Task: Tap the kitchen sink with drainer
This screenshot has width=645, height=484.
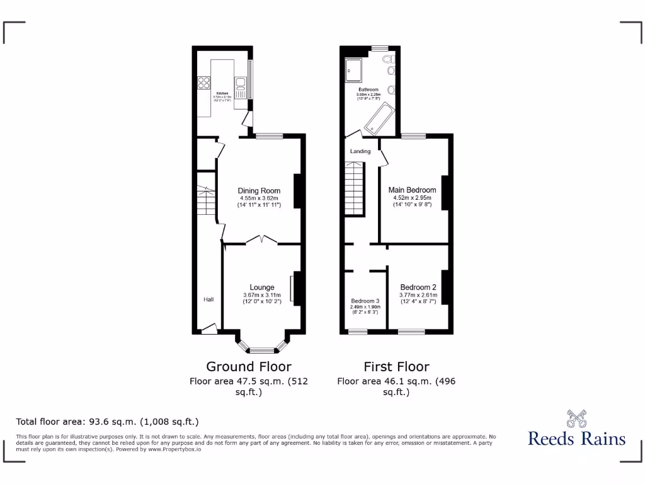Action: pyautogui.click(x=240, y=84)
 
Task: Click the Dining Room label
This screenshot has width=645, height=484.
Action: pyautogui.click(x=258, y=191)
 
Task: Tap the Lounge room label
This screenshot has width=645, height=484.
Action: pyautogui.click(x=261, y=287)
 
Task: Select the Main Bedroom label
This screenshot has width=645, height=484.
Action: pyautogui.click(x=412, y=190)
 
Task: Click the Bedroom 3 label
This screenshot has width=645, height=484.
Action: pyautogui.click(x=365, y=301)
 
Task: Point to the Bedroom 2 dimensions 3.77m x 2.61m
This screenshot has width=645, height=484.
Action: pyautogui.click(x=418, y=295)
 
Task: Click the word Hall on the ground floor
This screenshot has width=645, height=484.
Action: pyautogui.click(x=208, y=299)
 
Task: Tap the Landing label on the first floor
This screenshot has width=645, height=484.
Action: pyautogui.click(x=360, y=151)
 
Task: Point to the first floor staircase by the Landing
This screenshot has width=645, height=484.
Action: pyautogui.click(x=355, y=188)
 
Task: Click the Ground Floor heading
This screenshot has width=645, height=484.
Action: pyautogui.click(x=249, y=366)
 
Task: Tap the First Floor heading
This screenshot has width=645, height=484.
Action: pyautogui.click(x=396, y=366)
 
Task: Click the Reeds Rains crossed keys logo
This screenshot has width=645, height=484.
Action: pyautogui.click(x=576, y=418)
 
